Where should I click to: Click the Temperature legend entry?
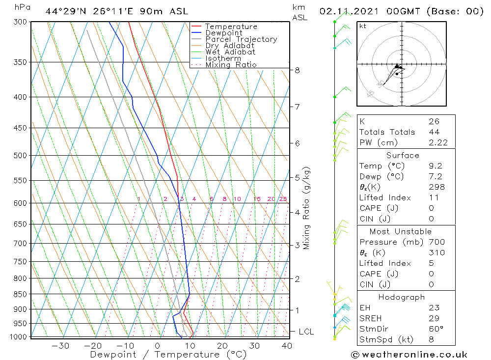pyautogui.click(x=231, y=27)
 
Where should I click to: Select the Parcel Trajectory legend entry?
pyautogui.click(x=241, y=39)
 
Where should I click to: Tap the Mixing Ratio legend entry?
pyautogui.click(x=231, y=65)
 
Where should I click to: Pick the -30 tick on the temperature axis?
pyautogui.click(x=60, y=346)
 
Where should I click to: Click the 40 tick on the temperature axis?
pyautogui.click(x=287, y=346)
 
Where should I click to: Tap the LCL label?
pyautogui.click(x=306, y=332)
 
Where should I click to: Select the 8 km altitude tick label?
pyautogui.click(x=297, y=70)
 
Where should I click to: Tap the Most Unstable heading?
pyautogui.click(x=400, y=231)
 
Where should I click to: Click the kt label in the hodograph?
pyautogui.click(x=363, y=26)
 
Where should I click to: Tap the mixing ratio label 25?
pyautogui.click(x=283, y=199)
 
